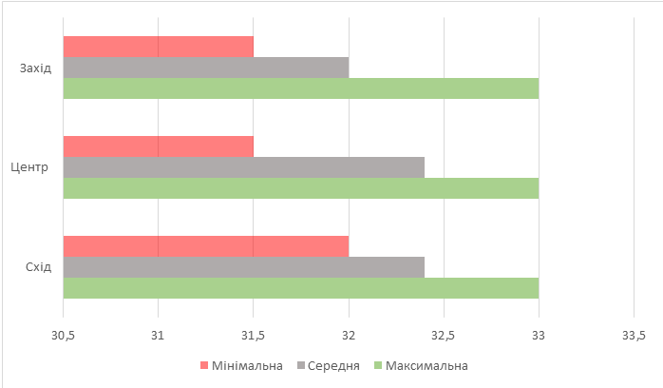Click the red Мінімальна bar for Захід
click(158, 47)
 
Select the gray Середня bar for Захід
click(205, 68)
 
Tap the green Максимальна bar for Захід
click(300, 88)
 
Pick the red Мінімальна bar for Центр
click(158, 146)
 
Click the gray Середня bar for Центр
click(243, 167)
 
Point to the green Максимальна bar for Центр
click(300, 188)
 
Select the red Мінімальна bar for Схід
click(205, 246)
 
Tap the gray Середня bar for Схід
click(243, 267)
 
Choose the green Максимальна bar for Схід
click(300, 287)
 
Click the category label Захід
click(35, 68)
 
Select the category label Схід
click(38, 267)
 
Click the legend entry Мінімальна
click(246, 365)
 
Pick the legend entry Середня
click(332, 365)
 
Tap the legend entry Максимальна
click(426, 365)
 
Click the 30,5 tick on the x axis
click(63, 335)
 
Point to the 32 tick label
click(349, 335)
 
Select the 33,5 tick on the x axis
click(634, 335)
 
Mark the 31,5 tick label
click(254, 335)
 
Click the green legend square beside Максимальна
click(378, 365)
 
